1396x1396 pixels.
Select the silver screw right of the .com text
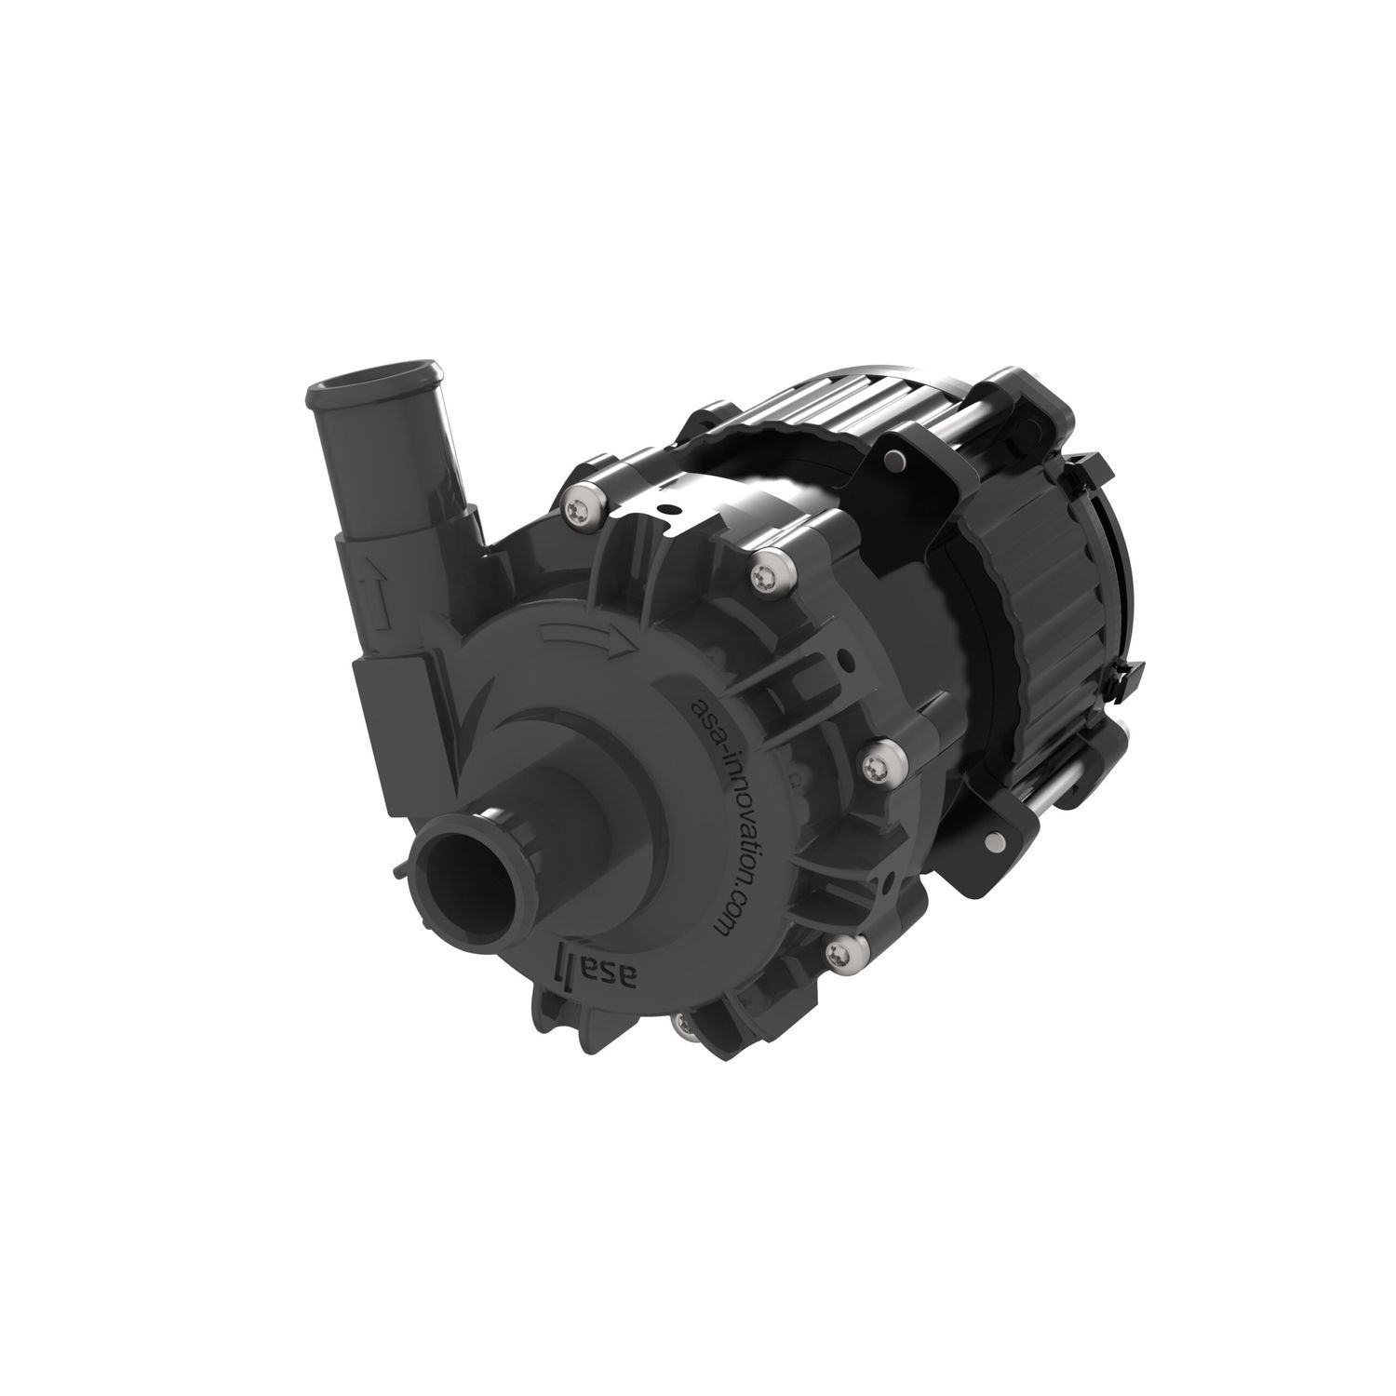tap(875, 766)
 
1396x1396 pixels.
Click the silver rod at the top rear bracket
tap(977, 409)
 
